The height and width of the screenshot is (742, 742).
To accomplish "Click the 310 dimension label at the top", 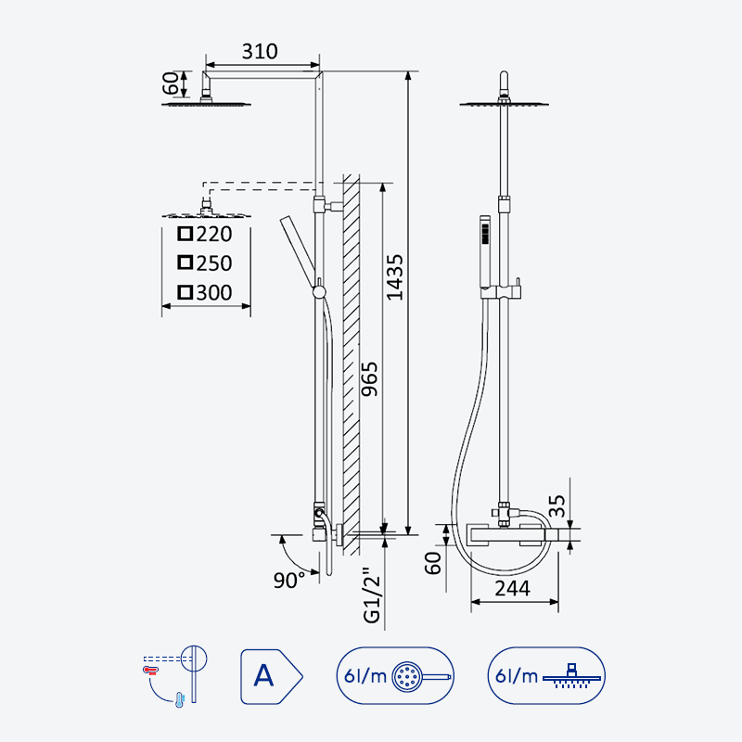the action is (260, 51).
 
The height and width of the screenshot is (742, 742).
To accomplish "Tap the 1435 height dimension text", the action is (395, 277).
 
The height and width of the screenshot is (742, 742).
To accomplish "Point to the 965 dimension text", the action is (369, 378).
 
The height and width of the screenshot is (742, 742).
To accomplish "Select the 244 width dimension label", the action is (513, 588).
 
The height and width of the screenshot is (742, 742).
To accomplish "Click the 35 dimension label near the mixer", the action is (557, 505).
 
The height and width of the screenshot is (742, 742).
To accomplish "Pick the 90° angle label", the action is (289, 581).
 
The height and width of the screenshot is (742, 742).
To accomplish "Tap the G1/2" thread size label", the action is (372, 595).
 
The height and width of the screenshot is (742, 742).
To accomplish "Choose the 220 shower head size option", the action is (205, 234).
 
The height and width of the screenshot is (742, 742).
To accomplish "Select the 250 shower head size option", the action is (205, 263).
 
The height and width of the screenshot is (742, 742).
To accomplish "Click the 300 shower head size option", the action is (205, 292).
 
